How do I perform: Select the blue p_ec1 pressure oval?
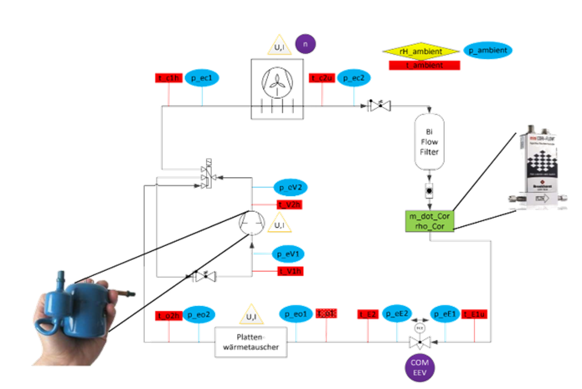[202, 79]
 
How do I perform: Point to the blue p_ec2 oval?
[354, 79]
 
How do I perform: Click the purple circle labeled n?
[306, 44]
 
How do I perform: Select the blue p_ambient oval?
[488, 51]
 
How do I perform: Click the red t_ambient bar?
[424, 66]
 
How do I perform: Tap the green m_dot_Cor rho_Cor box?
[430, 220]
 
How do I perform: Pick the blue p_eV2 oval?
[290, 188]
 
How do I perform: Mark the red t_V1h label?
[289, 271]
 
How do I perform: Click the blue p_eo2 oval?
[201, 314]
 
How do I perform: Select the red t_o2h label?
[168, 315]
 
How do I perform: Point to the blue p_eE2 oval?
[400, 314]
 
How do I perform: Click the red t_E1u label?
[478, 314]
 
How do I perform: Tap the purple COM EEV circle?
[420, 369]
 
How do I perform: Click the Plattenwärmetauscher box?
[251, 341]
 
